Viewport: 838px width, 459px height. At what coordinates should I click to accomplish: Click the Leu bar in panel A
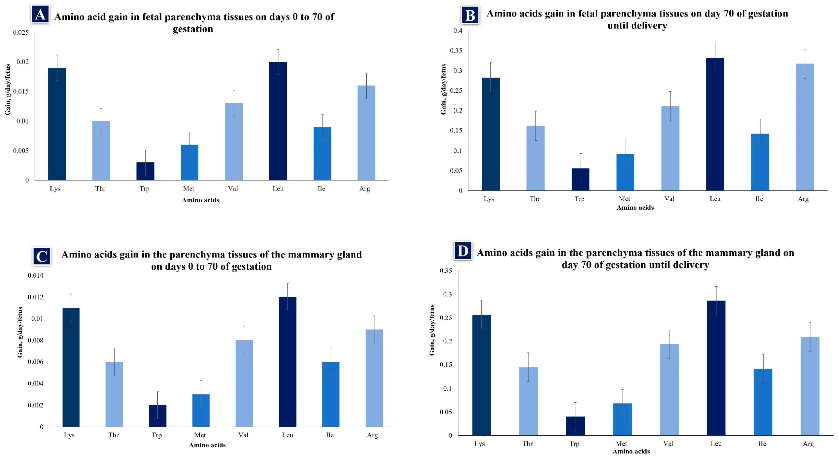point(278,121)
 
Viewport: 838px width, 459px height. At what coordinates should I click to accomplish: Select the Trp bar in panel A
point(145,171)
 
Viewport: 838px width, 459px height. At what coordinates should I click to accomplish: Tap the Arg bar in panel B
point(805,127)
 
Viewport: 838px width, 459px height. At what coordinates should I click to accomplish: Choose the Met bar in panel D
point(622,419)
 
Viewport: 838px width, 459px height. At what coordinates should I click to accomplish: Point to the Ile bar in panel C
point(331,394)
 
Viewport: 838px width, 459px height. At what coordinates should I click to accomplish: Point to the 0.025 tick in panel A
point(21,33)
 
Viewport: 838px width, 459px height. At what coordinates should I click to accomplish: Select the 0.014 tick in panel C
point(36,276)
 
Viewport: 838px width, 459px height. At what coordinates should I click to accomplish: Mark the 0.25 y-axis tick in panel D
point(446,318)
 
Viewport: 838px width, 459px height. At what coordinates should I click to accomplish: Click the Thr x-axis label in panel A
point(100,189)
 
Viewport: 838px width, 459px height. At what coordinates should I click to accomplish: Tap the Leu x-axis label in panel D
point(716,444)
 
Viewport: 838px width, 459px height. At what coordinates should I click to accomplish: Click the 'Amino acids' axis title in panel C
point(208,445)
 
